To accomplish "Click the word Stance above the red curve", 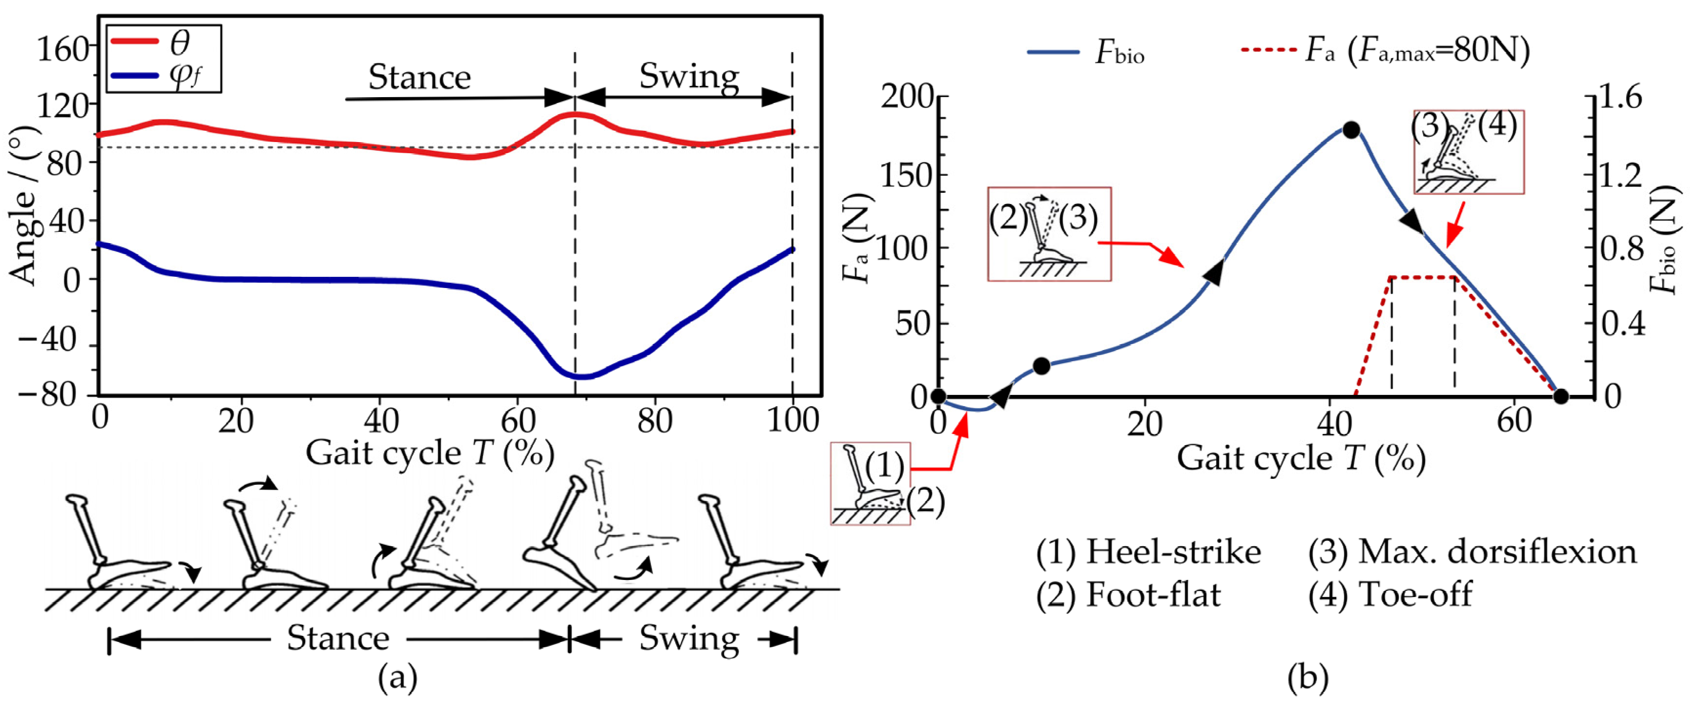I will click(x=420, y=78).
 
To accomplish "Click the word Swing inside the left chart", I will click(x=689, y=77).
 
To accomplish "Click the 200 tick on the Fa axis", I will click(x=907, y=98).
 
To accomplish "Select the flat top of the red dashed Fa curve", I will click(x=1423, y=277).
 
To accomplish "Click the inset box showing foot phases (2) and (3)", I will click(x=1049, y=234).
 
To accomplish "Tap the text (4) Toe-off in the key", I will click(x=1390, y=594).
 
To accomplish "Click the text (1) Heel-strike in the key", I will click(x=1148, y=552).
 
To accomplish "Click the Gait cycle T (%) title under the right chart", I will click(x=1301, y=458).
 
